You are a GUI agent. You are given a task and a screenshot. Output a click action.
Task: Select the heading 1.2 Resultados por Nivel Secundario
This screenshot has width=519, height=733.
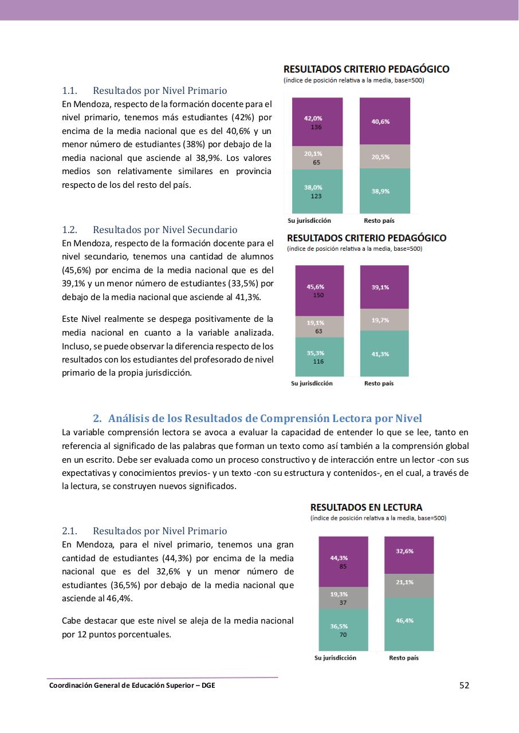pyautogui.click(x=150, y=230)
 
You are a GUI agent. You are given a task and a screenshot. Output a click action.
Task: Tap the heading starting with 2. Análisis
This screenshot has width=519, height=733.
pyautogui.click(x=257, y=419)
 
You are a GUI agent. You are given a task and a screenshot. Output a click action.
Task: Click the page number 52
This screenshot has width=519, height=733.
pyautogui.click(x=464, y=685)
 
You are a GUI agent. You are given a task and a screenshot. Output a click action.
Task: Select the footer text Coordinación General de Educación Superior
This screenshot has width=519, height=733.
pyautogui.click(x=132, y=685)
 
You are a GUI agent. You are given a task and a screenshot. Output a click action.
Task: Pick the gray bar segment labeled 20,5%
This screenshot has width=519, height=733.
pyautogui.click(x=384, y=156)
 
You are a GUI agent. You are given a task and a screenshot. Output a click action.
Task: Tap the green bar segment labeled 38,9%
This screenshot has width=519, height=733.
pyautogui.click(x=384, y=191)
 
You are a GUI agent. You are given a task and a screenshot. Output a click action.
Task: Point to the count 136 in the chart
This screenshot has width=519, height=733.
pyautogui.click(x=316, y=127)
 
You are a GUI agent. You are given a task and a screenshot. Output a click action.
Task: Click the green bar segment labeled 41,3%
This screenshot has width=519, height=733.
pyautogui.click(x=384, y=354)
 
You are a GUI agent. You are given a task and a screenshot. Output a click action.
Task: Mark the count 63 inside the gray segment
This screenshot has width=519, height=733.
pyautogui.click(x=319, y=331)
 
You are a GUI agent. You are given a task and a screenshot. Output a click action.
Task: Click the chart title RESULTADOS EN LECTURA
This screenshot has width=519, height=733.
pyautogui.click(x=366, y=507)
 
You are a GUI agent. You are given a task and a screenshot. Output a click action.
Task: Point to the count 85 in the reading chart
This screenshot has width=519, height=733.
pyautogui.click(x=343, y=566)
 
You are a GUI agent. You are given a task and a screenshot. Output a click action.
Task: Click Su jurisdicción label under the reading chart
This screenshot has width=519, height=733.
pyautogui.click(x=335, y=658)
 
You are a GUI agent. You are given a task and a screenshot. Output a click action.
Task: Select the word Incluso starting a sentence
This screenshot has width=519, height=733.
pyautogui.click(x=76, y=346)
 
